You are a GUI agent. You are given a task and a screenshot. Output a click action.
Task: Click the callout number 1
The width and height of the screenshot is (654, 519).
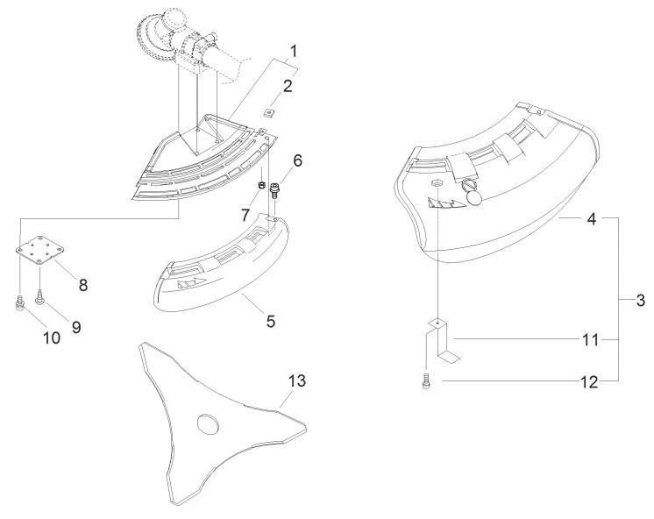294,52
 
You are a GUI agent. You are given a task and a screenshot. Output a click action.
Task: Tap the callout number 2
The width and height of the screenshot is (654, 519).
288,87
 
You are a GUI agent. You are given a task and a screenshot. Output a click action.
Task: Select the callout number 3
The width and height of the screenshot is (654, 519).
641,301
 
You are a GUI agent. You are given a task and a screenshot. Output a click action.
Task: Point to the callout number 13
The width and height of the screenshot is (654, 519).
297,380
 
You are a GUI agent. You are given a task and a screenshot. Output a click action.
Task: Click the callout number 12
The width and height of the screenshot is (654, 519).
589,381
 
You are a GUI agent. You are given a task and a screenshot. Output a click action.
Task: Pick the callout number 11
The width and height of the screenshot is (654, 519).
590,340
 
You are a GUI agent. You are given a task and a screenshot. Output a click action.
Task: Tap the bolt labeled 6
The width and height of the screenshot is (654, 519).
274,190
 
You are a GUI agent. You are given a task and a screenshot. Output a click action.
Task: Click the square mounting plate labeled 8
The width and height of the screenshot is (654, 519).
40,250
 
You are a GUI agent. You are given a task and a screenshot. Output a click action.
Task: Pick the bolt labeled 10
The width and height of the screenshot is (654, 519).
20,302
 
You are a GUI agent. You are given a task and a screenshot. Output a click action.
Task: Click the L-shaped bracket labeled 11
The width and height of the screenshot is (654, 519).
443,340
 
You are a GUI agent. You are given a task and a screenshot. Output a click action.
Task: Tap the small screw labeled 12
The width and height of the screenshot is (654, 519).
426,381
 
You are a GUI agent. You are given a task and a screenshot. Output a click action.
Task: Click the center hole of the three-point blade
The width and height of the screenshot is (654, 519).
207,423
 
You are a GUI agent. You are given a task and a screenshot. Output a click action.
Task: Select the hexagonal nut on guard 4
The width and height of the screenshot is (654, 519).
437,182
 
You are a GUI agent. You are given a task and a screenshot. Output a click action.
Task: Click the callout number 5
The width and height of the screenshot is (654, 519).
271,321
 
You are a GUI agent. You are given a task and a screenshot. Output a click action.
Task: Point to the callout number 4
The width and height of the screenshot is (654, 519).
592,218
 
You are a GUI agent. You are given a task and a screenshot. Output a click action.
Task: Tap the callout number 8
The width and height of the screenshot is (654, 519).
83,285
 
